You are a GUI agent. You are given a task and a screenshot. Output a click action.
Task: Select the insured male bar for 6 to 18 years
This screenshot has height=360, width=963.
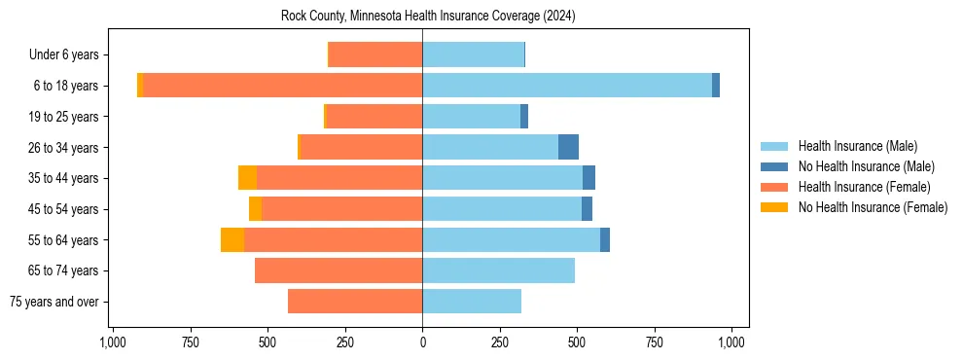point(567,86)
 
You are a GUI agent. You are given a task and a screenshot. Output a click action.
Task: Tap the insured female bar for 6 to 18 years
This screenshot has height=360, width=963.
point(282,86)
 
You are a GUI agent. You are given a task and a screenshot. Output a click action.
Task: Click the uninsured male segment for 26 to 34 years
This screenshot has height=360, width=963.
point(568,147)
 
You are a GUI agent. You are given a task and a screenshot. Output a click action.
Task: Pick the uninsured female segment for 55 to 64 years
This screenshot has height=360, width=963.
point(232,239)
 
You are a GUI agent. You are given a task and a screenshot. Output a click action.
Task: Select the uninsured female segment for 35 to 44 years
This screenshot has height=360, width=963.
point(247,178)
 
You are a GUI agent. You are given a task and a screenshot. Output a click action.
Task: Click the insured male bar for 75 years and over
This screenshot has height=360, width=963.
point(472,302)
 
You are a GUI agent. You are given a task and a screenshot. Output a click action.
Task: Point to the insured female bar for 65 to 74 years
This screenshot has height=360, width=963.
point(339,270)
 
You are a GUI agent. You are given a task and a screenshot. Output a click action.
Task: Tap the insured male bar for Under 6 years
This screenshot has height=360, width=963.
point(473,54)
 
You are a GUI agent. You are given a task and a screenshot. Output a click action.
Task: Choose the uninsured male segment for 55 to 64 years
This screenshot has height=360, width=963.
point(605,239)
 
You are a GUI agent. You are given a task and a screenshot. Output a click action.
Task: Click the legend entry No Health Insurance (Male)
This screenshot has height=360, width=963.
point(866,166)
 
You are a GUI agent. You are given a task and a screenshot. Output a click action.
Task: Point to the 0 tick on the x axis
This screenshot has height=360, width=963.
point(422,342)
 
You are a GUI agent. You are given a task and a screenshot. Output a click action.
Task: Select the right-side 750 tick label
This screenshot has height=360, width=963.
point(655,342)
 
